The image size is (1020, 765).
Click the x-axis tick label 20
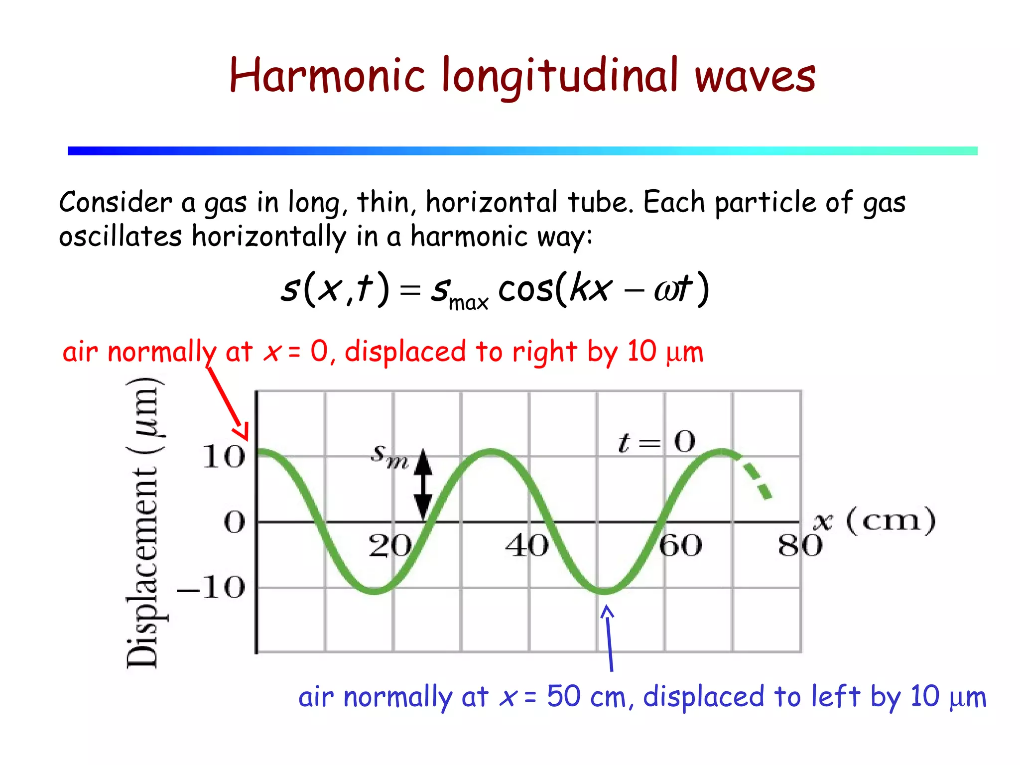point(390,546)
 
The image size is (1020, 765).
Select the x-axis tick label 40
point(527,546)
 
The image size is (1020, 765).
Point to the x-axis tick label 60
point(680,546)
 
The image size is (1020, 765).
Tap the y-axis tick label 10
point(224,457)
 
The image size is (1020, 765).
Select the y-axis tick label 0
point(235,523)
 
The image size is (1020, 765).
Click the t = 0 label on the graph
point(656,442)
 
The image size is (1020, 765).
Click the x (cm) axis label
point(874,521)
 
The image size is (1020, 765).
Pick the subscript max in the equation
point(468,302)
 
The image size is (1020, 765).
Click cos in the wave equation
point(525,289)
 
